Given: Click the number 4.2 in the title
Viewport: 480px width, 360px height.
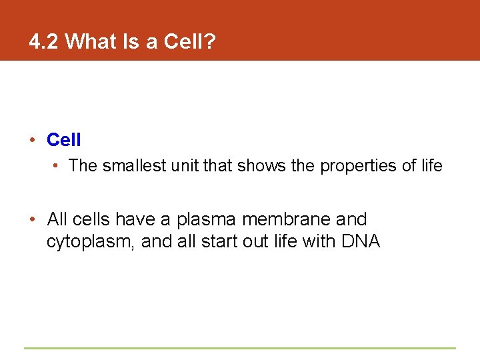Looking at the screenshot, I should (x=44, y=42).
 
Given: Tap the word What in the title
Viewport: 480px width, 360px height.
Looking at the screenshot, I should (x=90, y=42).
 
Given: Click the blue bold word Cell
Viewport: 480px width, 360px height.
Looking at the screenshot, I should (x=64, y=140).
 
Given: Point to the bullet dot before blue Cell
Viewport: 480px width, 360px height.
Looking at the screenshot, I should (x=31, y=140).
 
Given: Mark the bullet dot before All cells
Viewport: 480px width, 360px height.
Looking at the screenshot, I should (x=31, y=219).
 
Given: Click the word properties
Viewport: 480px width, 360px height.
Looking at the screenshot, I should (x=357, y=166).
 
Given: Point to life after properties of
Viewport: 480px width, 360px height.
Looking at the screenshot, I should (x=430, y=165).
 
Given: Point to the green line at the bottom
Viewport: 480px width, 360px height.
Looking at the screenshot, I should (x=240, y=347).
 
